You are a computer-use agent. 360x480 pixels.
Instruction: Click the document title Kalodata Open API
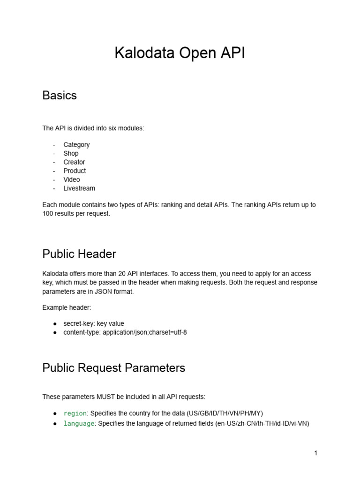click(180, 53)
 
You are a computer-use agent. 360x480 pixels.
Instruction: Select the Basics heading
click(60, 96)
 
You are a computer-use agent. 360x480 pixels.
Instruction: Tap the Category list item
click(76, 144)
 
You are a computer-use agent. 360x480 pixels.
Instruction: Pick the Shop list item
click(71, 153)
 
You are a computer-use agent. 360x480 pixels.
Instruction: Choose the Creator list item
click(74, 162)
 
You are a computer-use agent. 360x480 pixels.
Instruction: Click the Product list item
click(75, 171)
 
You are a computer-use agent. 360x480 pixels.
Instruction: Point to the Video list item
click(72, 180)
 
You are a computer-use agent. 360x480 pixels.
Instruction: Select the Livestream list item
click(79, 188)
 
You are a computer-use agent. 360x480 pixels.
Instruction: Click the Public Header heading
click(79, 254)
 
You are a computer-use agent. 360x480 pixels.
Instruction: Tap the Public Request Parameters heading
click(113, 368)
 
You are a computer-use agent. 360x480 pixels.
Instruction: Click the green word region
click(75, 413)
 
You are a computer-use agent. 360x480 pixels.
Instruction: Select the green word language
click(79, 424)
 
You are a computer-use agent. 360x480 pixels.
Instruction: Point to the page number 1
click(316, 453)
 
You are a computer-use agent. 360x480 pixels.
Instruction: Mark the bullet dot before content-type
click(55, 332)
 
